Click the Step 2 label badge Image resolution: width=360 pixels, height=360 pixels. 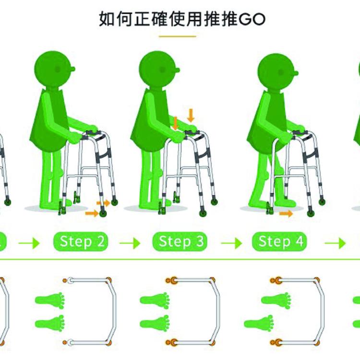pyautogui.click(x=81, y=241)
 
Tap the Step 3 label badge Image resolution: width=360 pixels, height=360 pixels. pyautogui.click(x=180, y=241)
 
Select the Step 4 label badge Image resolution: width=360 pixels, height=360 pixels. pyautogui.click(x=280, y=241)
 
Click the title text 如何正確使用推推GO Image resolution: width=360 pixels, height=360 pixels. pyautogui.click(x=182, y=19)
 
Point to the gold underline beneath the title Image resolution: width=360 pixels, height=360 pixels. pyautogui.click(x=178, y=36)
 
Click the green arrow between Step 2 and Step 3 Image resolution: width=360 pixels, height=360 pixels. pyautogui.click(x=130, y=243)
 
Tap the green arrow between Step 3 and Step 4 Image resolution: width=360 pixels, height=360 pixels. pyautogui.click(x=231, y=243)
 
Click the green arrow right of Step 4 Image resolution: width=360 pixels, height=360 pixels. pyautogui.click(x=335, y=243)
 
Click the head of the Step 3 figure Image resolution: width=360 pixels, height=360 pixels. pyautogui.click(x=159, y=69)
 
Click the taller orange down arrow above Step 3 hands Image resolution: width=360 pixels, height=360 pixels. pyautogui.click(x=191, y=116)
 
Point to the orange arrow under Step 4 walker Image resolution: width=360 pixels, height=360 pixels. pyautogui.click(x=286, y=214)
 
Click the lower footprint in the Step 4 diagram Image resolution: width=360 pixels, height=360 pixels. pyautogui.click(x=259, y=323)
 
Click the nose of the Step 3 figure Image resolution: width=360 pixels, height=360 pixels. pyautogui.click(x=177, y=70)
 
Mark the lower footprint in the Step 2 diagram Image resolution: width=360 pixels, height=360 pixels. pyautogui.click(x=50, y=323)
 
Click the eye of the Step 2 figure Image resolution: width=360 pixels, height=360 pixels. pyautogui.click(x=58, y=69)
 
